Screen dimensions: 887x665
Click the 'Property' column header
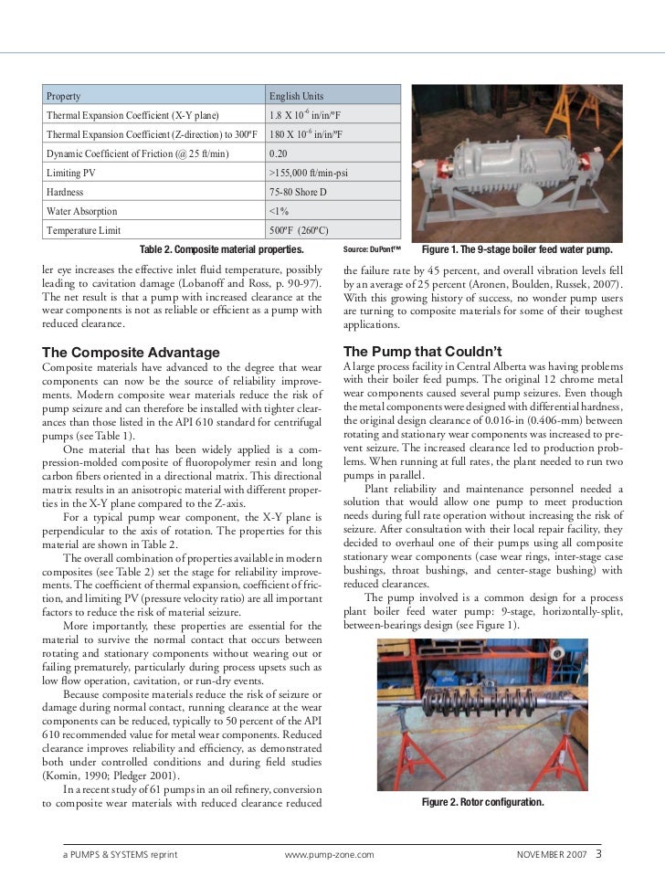tap(64, 96)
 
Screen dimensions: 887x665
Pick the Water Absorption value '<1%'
tap(280, 211)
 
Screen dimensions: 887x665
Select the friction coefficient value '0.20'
tap(279, 153)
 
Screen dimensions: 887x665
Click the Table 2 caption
tap(222, 249)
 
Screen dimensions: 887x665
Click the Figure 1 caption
tap(516, 249)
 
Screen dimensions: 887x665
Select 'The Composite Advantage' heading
tap(132, 352)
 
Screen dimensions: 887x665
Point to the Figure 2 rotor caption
tap(482, 802)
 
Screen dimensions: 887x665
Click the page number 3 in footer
tap(598, 855)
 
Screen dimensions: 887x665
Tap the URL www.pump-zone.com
tap(330, 856)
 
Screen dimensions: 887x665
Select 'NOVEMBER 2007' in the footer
tap(552, 856)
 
